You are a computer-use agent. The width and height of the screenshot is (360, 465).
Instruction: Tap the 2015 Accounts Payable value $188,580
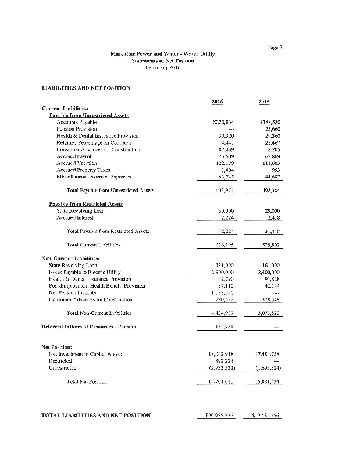click(268, 123)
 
